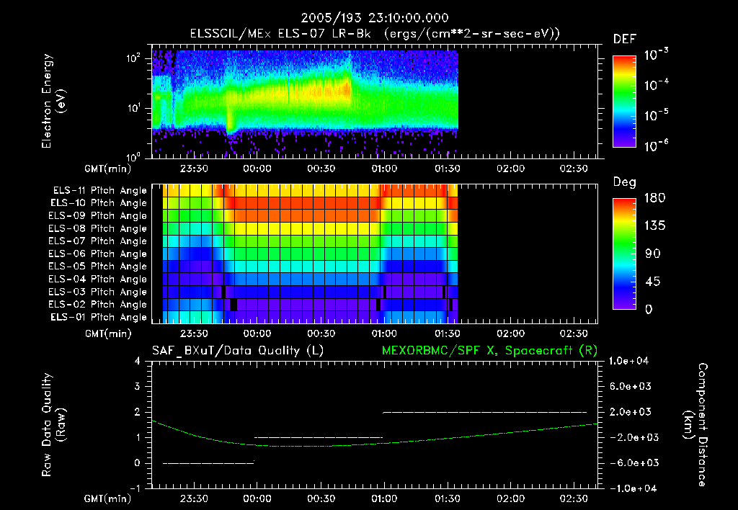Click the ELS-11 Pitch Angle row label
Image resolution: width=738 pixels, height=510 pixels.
[x=98, y=190]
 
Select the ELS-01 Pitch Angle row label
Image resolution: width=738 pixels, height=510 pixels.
[x=98, y=317]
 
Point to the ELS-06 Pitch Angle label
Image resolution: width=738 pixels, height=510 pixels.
[x=98, y=254]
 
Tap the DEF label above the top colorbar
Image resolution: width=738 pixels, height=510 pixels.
[x=624, y=39]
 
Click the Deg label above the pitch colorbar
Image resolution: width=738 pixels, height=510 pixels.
[x=623, y=182]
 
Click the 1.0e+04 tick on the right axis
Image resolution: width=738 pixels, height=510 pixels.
[x=631, y=361]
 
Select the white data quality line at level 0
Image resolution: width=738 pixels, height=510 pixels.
[x=209, y=462]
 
